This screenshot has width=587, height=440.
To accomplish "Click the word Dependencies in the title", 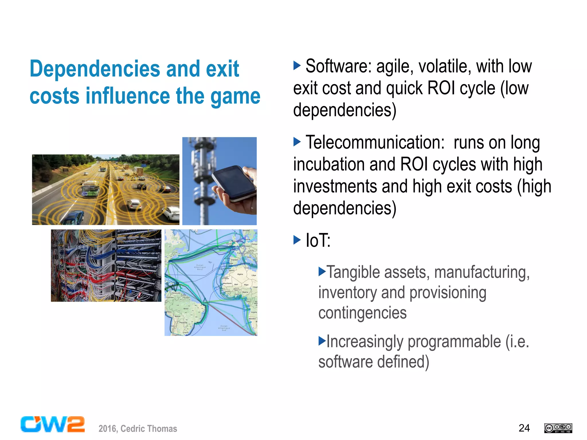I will coord(95,69).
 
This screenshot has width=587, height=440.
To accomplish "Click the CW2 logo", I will coord(53,424).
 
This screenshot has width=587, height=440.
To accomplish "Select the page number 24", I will coord(524,428).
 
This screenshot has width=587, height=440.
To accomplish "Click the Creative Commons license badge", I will coord(558,428).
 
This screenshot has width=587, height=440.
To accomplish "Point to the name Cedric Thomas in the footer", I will coord(149,429).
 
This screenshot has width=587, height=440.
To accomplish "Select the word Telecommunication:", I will coord(375,142).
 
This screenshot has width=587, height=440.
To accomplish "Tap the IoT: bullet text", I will coord(318,240).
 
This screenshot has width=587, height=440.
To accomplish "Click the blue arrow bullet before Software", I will coord(297,65).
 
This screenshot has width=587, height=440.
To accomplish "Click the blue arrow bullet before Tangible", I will coord(322,271).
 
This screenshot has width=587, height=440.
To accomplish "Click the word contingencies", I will coord(362,313).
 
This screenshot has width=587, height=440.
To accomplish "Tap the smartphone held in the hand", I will coord(234,183).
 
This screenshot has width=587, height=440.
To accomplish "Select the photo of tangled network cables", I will coord(106,265).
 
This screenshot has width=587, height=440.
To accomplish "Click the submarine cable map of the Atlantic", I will coord(211,282).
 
